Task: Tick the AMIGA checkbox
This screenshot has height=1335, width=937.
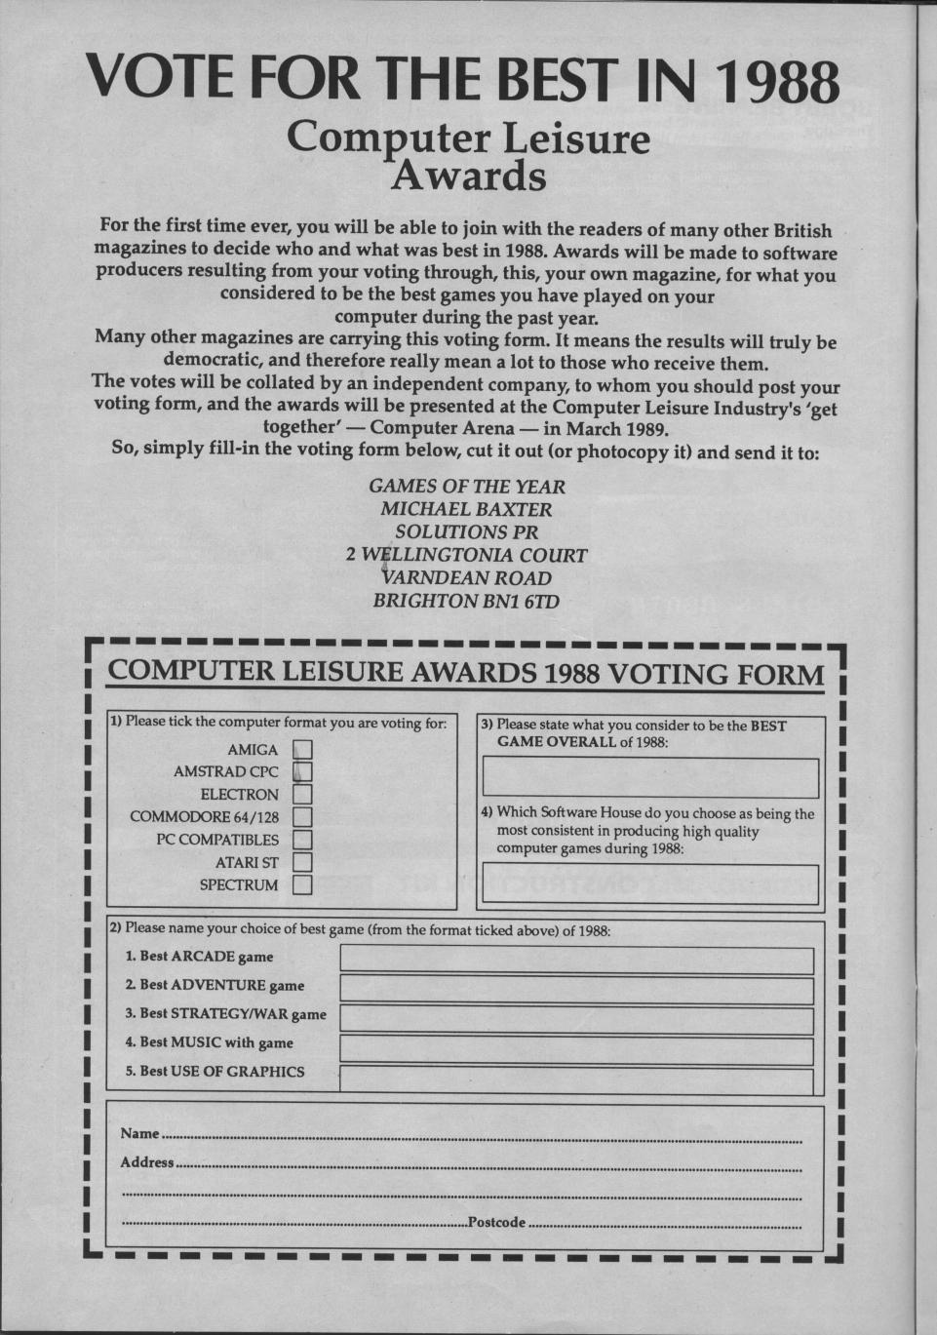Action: [x=302, y=750]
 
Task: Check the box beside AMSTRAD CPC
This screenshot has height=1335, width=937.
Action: [x=302, y=772]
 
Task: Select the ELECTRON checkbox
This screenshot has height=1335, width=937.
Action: [x=302, y=795]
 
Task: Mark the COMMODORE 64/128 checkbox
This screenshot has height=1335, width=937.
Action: [x=302, y=817]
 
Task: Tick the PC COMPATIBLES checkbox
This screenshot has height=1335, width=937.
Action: [x=302, y=840]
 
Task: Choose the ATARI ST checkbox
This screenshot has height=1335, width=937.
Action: [x=302, y=862]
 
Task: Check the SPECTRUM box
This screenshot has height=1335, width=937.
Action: [x=302, y=885]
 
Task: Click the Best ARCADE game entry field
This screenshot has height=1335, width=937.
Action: [x=576, y=960]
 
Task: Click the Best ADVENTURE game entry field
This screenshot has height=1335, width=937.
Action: [x=576, y=990]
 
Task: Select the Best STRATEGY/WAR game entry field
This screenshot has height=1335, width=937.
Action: [x=576, y=1020]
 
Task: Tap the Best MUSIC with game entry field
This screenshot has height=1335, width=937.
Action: [x=576, y=1050]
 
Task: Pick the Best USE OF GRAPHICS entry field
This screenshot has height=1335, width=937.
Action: [x=576, y=1080]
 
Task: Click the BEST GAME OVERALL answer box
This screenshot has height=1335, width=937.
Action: [x=650, y=778]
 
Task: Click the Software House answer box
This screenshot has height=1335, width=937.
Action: [x=650, y=878]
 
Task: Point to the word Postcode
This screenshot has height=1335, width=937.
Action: [x=496, y=1223]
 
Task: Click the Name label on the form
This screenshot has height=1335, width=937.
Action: [x=139, y=1134]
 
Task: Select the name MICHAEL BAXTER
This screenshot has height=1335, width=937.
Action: [x=466, y=509]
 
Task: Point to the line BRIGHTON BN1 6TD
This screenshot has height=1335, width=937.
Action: [x=466, y=602]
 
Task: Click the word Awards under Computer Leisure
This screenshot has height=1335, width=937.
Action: [x=468, y=177]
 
